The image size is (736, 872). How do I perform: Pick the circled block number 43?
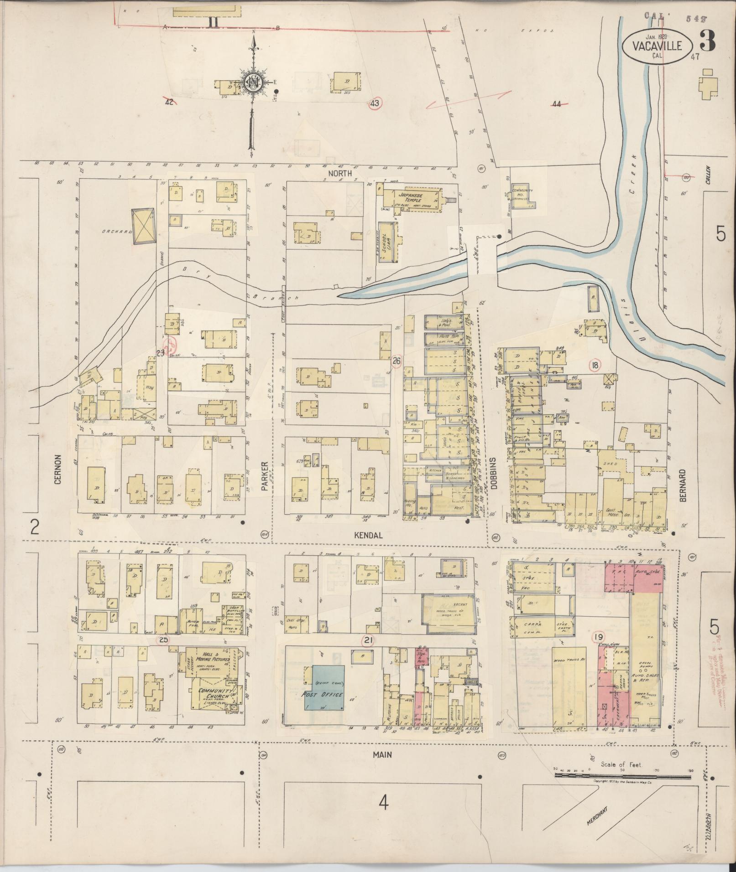coord(375,103)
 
